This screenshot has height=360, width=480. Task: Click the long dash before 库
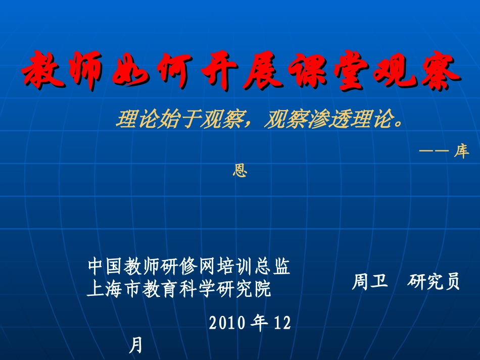point(434,151)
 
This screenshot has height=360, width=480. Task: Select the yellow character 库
point(461,151)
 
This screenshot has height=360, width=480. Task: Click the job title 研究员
point(434,281)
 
